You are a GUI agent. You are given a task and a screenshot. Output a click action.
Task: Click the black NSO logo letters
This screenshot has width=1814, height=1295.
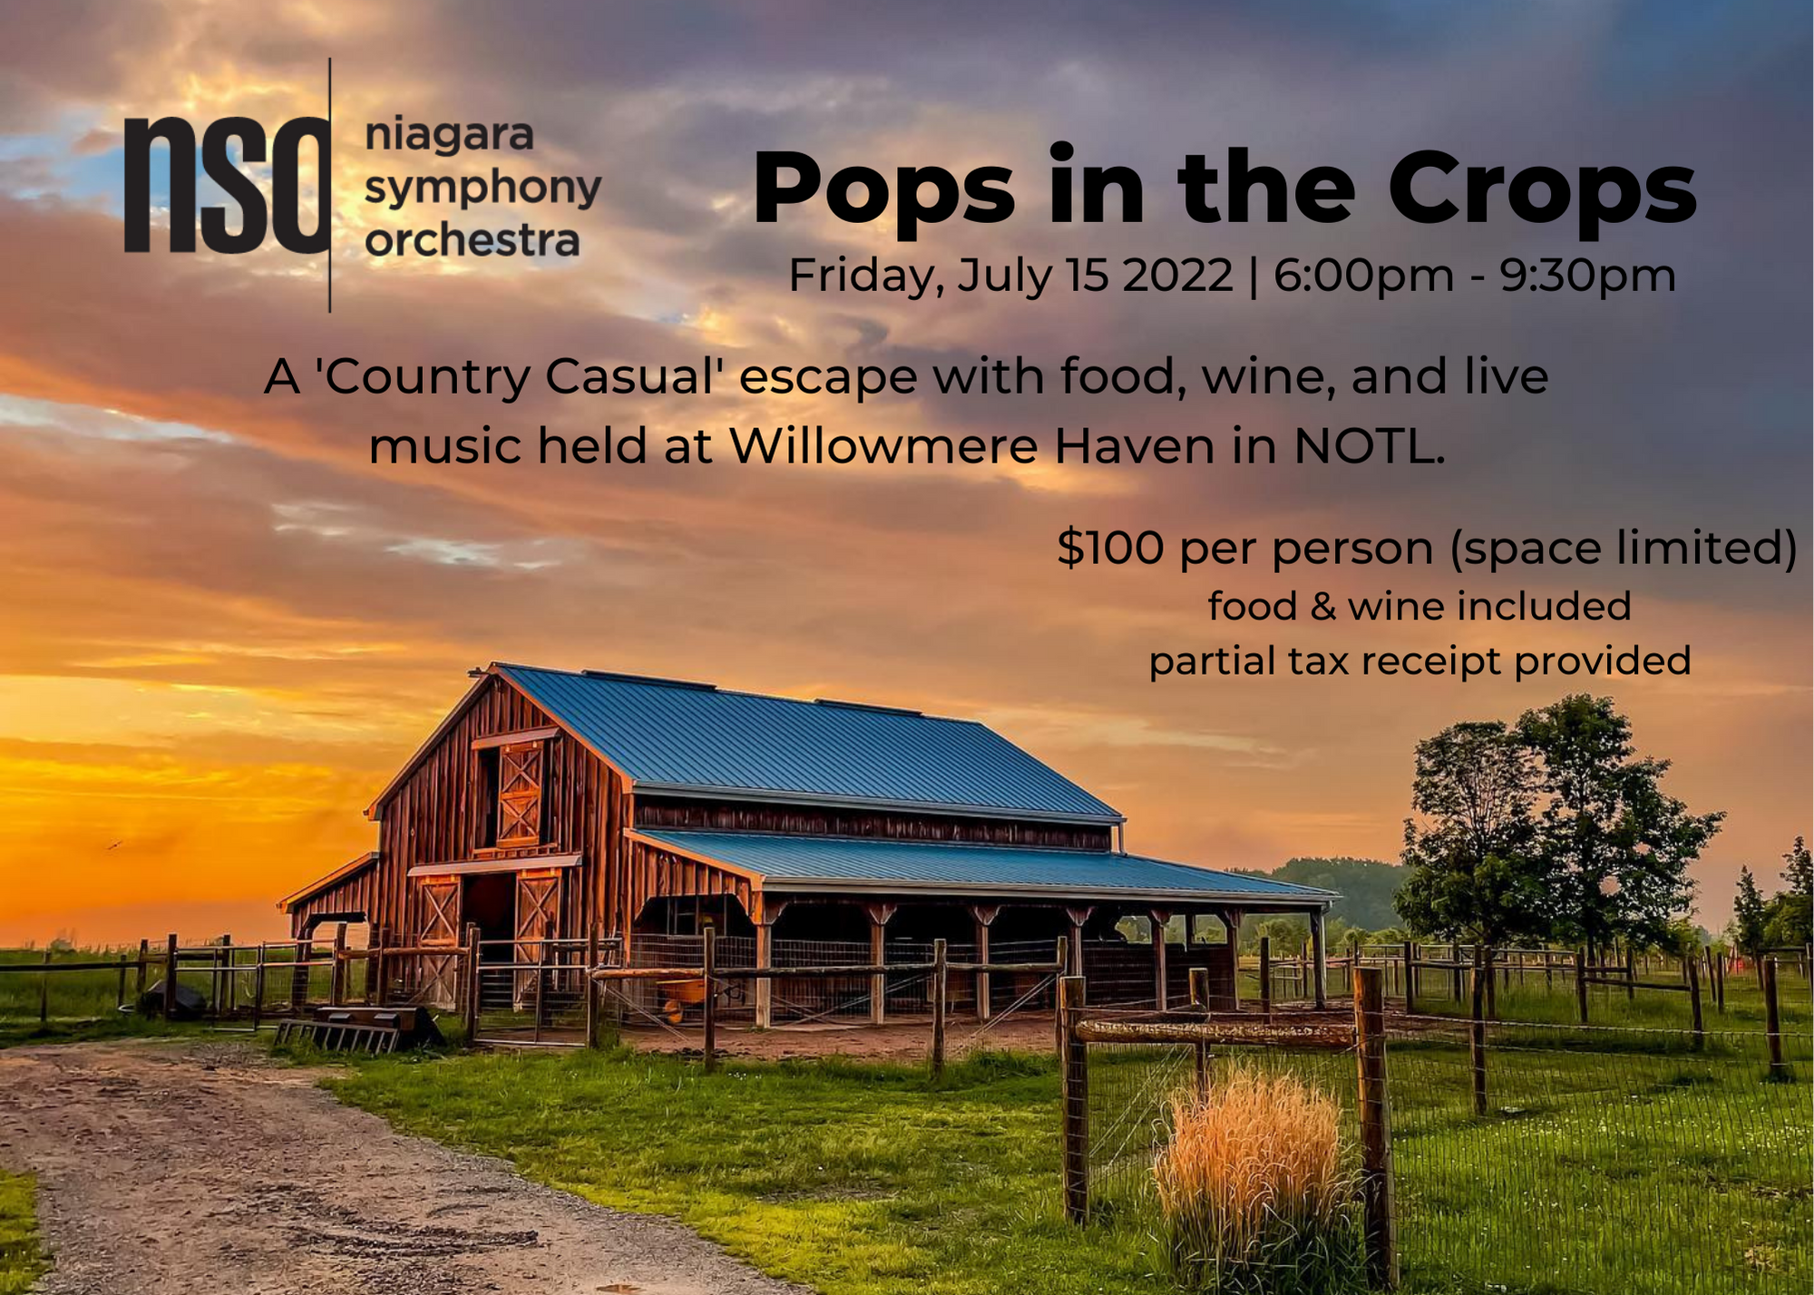pyautogui.click(x=227, y=185)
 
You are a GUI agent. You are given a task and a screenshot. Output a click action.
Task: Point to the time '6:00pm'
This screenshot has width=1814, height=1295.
pyautogui.click(x=1363, y=276)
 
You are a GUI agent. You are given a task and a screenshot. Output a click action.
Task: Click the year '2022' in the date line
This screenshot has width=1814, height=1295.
pyautogui.click(x=1177, y=275)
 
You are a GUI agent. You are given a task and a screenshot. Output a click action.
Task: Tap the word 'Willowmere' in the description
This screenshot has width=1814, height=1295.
pyautogui.click(x=883, y=446)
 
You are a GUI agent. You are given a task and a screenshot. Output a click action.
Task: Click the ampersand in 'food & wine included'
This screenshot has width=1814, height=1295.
pyautogui.click(x=1322, y=607)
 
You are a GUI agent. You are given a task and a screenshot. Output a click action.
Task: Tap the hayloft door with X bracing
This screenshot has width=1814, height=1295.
pyautogui.click(x=520, y=792)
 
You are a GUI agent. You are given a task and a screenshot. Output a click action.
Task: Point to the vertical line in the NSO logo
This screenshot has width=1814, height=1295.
pyautogui.click(x=329, y=185)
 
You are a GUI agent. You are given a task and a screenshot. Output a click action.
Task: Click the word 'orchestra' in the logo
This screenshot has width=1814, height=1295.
pyautogui.click(x=472, y=241)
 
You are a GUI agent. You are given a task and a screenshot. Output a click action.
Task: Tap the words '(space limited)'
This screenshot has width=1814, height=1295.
pyautogui.click(x=1624, y=550)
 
